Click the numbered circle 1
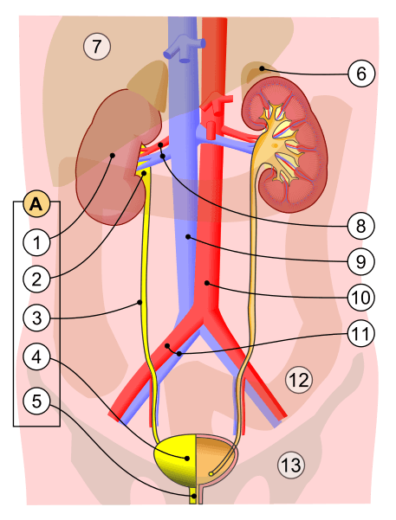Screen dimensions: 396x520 36,242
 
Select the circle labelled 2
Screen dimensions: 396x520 36,279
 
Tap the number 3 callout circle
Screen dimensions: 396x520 36,318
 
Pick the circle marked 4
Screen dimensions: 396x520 36,357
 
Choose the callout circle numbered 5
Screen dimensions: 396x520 36,401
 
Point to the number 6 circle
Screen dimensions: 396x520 361,74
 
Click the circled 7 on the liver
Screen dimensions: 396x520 97,46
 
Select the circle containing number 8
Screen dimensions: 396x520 361,226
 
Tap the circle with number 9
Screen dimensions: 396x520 361,261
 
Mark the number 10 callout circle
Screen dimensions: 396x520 361,297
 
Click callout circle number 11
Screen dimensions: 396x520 361,333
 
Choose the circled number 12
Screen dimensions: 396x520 299,380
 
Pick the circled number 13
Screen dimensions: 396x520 291,465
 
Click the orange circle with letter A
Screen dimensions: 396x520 36,204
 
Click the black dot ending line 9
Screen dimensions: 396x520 188,237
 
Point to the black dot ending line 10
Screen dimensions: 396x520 206,283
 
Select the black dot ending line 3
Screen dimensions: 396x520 140,302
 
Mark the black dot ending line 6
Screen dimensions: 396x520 262,68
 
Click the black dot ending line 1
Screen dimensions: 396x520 113,155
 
